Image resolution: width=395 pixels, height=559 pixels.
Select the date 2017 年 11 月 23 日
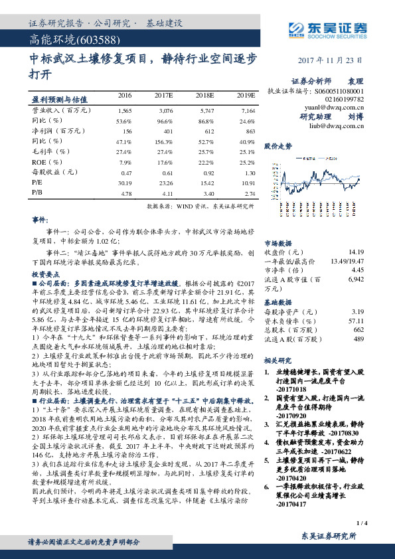pyautogui.click(x=333, y=60)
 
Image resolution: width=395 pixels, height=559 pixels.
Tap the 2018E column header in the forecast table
pyautogui.click(x=204, y=96)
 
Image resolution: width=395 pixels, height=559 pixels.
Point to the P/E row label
pyautogui.click(x=37, y=183)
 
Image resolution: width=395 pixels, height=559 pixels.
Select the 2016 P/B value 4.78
pyautogui.click(x=124, y=193)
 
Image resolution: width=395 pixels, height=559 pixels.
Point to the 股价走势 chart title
pyautogui.click(x=278, y=145)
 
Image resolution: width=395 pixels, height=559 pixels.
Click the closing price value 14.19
pyautogui.click(x=356, y=252)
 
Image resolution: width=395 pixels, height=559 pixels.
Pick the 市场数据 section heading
pyautogui.click(x=280, y=244)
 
